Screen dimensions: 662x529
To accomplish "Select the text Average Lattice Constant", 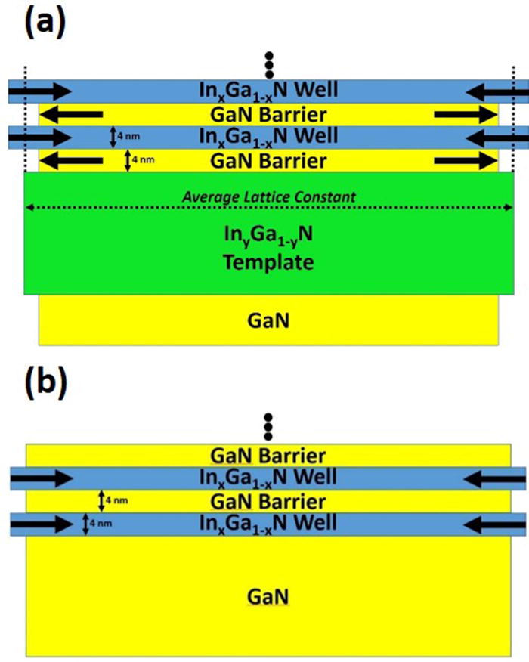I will [x=270, y=197].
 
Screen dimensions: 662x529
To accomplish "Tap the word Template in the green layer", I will [x=270, y=262].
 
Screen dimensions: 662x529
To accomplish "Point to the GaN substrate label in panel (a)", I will [x=269, y=320].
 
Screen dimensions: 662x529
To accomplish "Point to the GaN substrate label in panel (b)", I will [x=269, y=597].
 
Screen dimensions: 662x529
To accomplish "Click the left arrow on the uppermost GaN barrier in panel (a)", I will [x=71, y=115].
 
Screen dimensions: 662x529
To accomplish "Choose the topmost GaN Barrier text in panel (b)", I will [x=270, y=456].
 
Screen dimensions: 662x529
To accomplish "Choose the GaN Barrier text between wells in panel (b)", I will [x=270, y=501].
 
